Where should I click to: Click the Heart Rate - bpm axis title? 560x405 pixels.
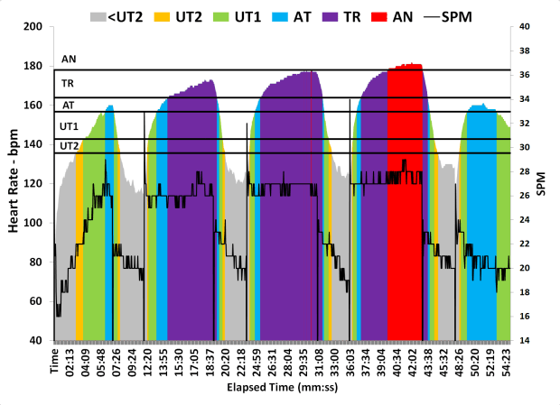14,183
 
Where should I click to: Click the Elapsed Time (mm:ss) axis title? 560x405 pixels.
283,389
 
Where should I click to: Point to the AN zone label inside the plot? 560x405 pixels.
68,60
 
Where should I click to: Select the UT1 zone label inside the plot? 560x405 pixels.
69,126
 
